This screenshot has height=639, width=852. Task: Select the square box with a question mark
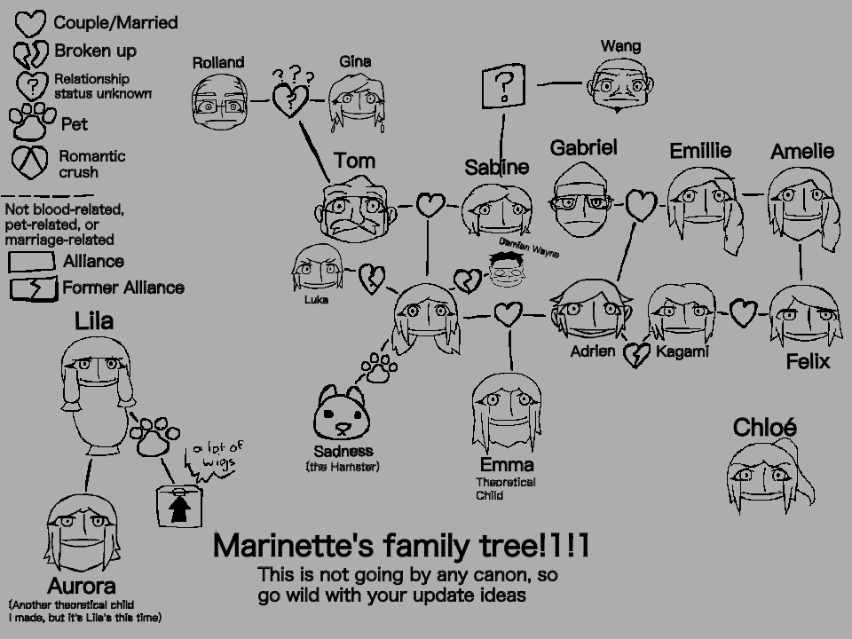(x=504, y=86)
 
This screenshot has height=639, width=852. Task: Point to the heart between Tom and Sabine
(x=430, y=206)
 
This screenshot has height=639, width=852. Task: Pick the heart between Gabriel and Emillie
(x=641, y=205)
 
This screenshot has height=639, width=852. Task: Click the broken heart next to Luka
(x=371, y=279)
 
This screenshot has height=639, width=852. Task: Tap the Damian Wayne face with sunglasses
(x=509, y=269)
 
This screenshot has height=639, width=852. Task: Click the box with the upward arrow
(x=178, y=506)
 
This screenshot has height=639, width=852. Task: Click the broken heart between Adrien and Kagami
(x=635, y=356)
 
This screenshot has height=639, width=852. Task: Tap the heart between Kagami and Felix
(x=744, y=312)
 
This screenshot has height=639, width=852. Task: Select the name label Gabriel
(x=583, y=148)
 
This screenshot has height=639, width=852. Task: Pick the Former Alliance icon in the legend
(x=33, y=289)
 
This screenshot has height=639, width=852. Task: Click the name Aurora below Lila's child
(x=82, y=587)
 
